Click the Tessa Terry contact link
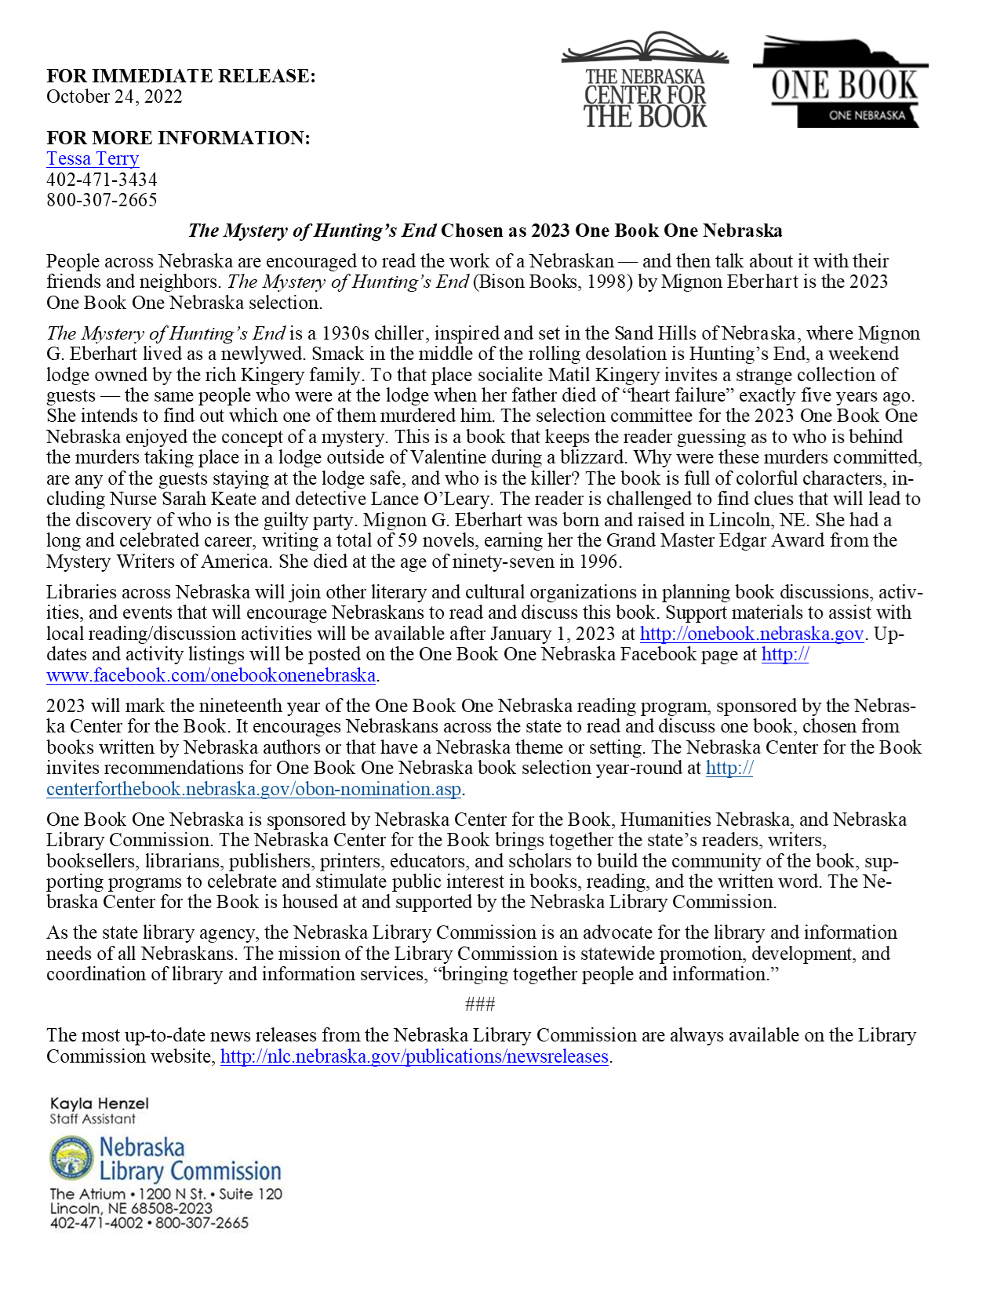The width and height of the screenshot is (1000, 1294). coord(93,158)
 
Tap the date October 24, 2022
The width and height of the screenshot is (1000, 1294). coord(115,96)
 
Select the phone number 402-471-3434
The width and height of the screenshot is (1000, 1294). coord(102,180)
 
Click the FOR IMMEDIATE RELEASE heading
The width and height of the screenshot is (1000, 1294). coord(181,76)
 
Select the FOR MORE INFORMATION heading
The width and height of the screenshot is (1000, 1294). coord(179,138)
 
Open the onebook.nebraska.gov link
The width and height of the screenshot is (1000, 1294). coord(751,634)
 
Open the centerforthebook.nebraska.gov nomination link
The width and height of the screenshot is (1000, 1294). coord(253,789)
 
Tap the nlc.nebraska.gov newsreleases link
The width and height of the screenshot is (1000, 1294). coord(414,1056)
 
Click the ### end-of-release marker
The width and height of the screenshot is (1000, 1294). coord(480,1004)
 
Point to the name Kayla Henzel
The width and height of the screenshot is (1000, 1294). coord(100,1103)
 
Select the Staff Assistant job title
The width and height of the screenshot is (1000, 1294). coord(93,1119)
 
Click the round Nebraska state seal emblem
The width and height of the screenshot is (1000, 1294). coord(71,1159)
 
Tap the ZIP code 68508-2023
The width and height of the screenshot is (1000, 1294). coord(172,1209)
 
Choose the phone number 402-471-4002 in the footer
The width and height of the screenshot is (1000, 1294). coord(96,1223)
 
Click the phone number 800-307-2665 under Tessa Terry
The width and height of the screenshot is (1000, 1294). coord(102,200)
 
